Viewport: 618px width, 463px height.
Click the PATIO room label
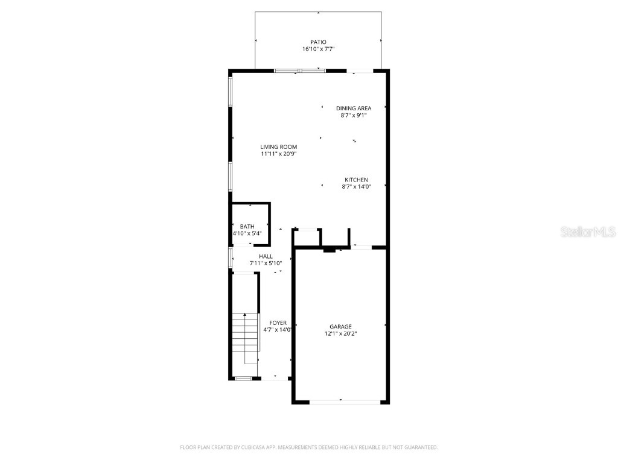click(318, 42)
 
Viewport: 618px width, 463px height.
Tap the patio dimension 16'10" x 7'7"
click(318, 49)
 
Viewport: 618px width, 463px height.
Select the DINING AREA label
click(354, 109)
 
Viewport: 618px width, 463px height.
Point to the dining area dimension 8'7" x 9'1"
click(354, 115)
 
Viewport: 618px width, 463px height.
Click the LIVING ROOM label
click(278, 146)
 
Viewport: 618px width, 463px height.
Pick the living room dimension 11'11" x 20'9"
click(278, 154)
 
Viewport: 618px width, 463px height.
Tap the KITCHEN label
click(356, 180)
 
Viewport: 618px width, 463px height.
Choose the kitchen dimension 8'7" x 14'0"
click(356, 187)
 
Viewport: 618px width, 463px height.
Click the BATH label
click(247, 226)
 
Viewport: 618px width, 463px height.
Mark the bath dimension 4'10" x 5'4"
click(247, 233)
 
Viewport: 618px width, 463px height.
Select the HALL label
click(266, 256)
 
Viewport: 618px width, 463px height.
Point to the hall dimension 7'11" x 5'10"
click(266, 263)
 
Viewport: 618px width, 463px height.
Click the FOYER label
click(278, 323)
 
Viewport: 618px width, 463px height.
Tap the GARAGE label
click(340, 327)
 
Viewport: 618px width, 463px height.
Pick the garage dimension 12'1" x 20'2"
click(340, 333)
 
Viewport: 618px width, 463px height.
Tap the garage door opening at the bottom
click(341, 402)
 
